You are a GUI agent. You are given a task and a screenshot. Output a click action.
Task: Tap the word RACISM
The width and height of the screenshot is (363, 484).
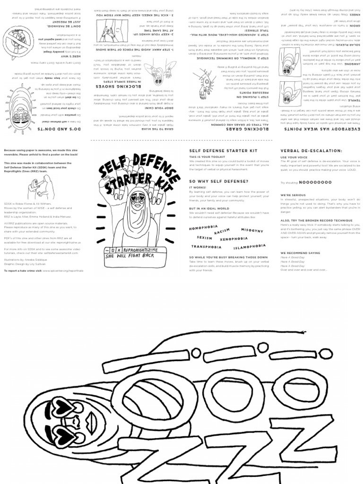[222, 231]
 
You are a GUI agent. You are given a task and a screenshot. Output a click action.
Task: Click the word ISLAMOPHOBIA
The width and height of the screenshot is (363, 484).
[249, 246]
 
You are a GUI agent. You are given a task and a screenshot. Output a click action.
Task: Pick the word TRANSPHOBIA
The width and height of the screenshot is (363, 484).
[206, 246]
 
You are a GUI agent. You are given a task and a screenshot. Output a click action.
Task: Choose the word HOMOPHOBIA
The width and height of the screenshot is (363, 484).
[203, 228]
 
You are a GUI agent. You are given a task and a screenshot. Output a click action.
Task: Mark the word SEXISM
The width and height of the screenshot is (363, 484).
[205, 238]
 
